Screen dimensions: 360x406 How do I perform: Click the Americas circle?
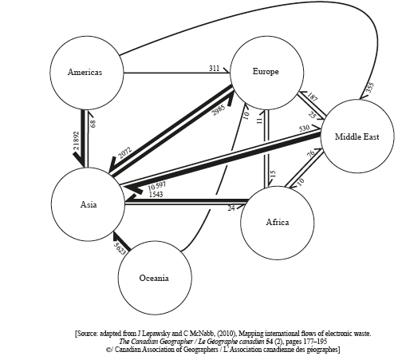click(x=86, y=73)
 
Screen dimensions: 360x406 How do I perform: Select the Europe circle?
click(x=266, y=73)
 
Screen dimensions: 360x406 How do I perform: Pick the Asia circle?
click(x=88, y=204)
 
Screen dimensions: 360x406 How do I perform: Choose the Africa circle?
click(x=277, y=222)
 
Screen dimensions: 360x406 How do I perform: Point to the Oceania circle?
click(x=154, y=277)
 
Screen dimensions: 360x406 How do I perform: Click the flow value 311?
click(x=215, y=69)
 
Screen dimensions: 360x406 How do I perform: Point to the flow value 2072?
click(x=124, y=151)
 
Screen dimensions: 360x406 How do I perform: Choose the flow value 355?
click(x=369, y=89)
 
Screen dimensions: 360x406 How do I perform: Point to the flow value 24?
click(x=231, y=208)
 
